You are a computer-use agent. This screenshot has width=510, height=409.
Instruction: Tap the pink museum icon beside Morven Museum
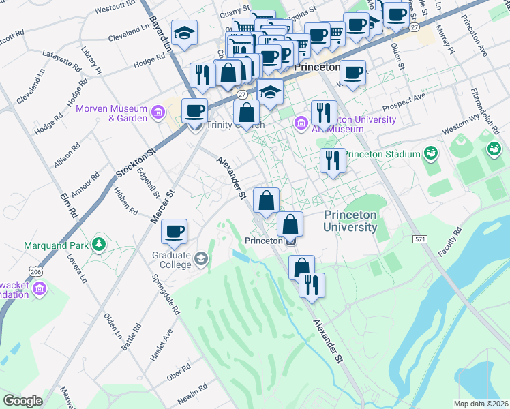tap(158, 110)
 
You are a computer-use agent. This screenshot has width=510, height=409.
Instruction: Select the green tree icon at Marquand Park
tap(100, 243)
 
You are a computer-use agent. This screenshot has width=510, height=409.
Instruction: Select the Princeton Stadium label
tap(382, 154)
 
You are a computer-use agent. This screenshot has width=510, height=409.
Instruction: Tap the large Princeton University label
tap(350, 220)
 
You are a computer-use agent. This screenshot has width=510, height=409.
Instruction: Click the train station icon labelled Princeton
tap(291, 241)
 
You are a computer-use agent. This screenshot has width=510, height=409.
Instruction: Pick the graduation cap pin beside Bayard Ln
tap(183, 33)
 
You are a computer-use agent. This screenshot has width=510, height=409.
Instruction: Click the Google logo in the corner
tap(22, 401)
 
